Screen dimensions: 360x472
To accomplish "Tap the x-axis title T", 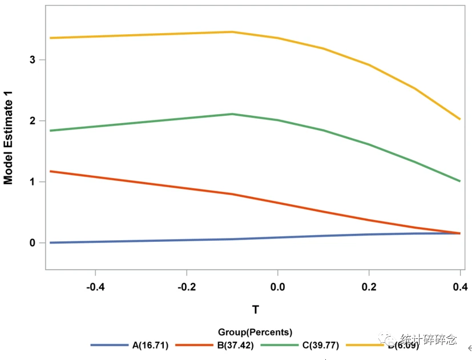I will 255,310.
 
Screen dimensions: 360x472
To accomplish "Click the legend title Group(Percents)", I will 255,332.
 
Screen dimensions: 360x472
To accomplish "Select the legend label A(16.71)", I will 150,345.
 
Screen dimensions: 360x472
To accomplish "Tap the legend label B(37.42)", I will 236,345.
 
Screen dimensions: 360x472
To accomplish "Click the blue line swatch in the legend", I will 110,345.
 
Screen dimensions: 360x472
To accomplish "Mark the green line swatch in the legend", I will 280,345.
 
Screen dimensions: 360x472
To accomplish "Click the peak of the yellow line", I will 232,32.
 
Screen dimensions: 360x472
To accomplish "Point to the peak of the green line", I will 232,114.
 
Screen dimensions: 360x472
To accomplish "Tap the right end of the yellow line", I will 459,119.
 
